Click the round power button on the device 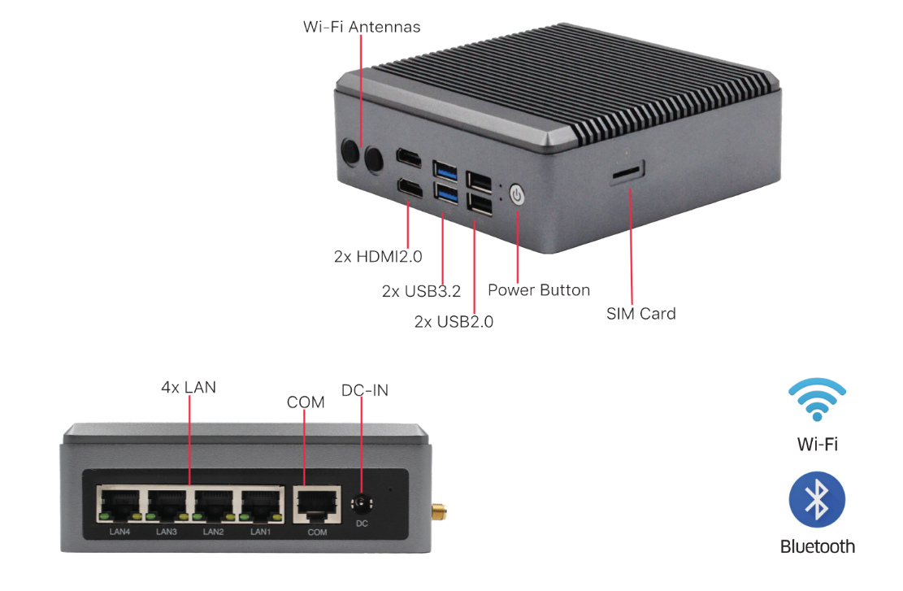(x=518, y=195)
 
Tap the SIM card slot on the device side (x=628, y=172)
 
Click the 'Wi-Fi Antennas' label (x=362, y=27)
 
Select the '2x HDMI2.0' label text (x=378, y=256)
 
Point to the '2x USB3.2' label (x=421, y=290)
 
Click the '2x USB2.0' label (x=454, y=321)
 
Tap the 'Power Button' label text (x=539, y=289)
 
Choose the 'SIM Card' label (x=640, y=313)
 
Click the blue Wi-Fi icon (x=817, y=398)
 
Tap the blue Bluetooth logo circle (x=817, y=499)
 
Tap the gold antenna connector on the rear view (x=439, y=513)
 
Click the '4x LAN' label (x=189, y=387)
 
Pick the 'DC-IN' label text (x=365, y=390)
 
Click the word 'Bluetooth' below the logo (x=817, y=546)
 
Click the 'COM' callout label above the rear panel (x=306, y=402)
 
